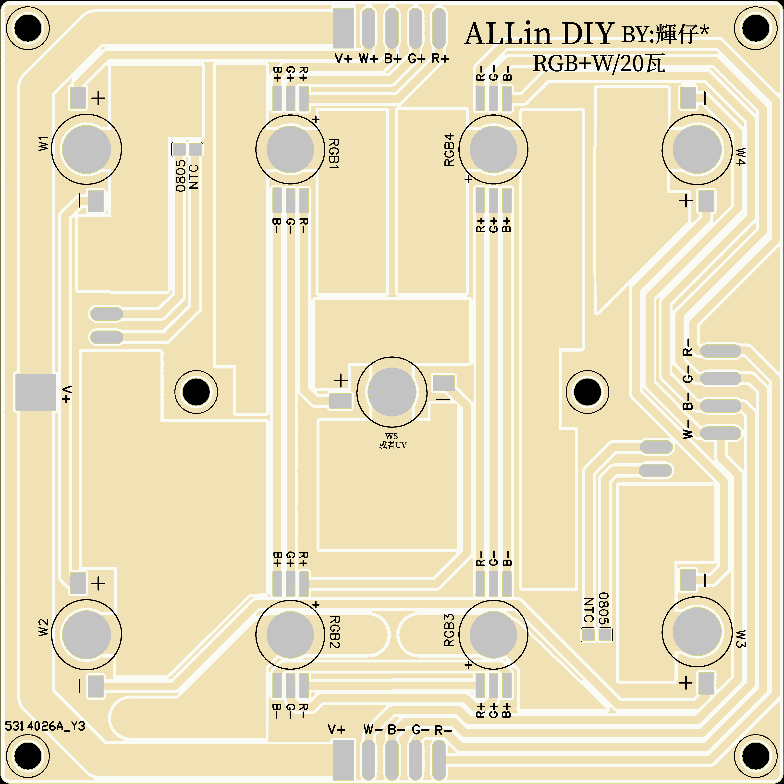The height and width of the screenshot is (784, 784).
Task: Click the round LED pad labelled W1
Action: (86, 149)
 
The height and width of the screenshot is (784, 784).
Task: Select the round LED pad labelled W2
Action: (86, 634)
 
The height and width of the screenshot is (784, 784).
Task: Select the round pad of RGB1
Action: (290, 149)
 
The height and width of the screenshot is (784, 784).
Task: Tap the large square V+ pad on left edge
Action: (36, 392)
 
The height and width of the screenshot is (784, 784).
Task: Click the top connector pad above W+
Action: (368, 28)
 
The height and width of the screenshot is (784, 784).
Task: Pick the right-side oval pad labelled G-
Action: (721, 378)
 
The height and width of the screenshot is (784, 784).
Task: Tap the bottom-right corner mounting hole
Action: (756, 756)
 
